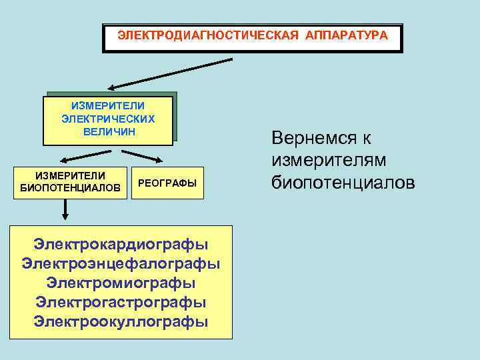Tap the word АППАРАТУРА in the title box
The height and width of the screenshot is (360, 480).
pos(346,35)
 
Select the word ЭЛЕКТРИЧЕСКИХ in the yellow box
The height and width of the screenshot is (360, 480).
pos(108,119)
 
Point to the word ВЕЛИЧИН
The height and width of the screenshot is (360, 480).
pos(109,131)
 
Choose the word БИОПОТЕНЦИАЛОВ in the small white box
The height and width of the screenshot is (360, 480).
pos(71,188)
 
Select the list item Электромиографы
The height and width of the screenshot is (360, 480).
pos(121,283)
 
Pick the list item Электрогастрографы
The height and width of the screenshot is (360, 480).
pos(121,302)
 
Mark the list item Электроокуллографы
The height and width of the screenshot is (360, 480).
pos(121,321)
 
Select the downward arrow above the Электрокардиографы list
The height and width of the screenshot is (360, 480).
pos(65,210)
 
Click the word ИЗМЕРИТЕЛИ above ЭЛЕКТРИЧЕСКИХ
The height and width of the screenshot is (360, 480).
pos(108,105)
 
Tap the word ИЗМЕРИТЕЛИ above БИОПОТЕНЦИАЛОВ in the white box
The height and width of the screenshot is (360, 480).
pos(71,175)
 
